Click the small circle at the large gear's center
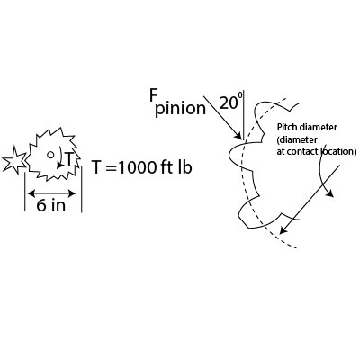click(51, 153)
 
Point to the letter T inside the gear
click(68, 160)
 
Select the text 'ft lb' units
click(178, 167)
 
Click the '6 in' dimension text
click(49, 204)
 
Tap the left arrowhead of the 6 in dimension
click(29, 192)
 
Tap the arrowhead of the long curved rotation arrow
click(330, 193)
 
